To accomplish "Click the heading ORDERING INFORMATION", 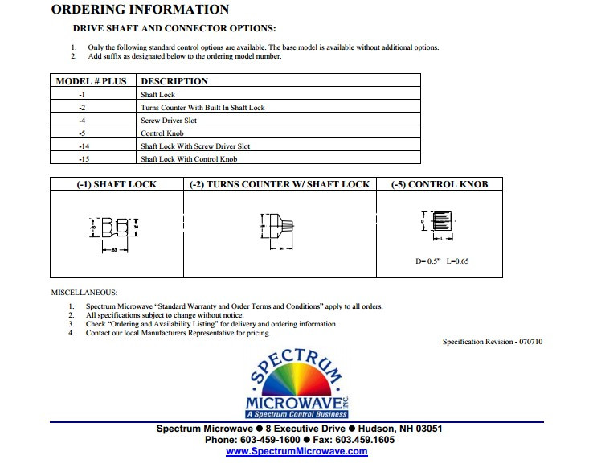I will point(140,10).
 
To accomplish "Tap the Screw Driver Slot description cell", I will point(169,121).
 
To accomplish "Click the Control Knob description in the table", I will point(164,133).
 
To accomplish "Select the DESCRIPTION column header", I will point(174,81).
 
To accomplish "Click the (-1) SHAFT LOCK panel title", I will point(117,184).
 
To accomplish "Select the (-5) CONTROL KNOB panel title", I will point(440,184).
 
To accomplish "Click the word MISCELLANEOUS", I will point(84,293).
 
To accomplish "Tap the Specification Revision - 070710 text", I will point(493,342).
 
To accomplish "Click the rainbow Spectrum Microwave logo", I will point(297,384).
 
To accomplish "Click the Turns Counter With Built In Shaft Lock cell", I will point(202,108).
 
